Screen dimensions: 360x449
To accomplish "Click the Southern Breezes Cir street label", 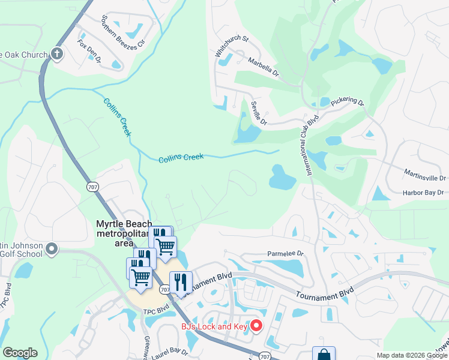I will tap(124, 32).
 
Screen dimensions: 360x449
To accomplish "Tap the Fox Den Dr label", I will tap(89, 52).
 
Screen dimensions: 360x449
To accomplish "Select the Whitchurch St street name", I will tap(232, 46).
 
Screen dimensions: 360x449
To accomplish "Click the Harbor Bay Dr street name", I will tap(422, 193).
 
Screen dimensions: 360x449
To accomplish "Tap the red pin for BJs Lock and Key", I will tap(256, 326).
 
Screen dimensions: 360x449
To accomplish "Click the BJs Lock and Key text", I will tap(215, 327).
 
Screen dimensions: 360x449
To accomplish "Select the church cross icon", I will tap(57, 55).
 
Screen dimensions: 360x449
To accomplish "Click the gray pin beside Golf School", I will tap(52, 248).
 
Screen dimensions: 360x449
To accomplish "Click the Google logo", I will tap(20, 353).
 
